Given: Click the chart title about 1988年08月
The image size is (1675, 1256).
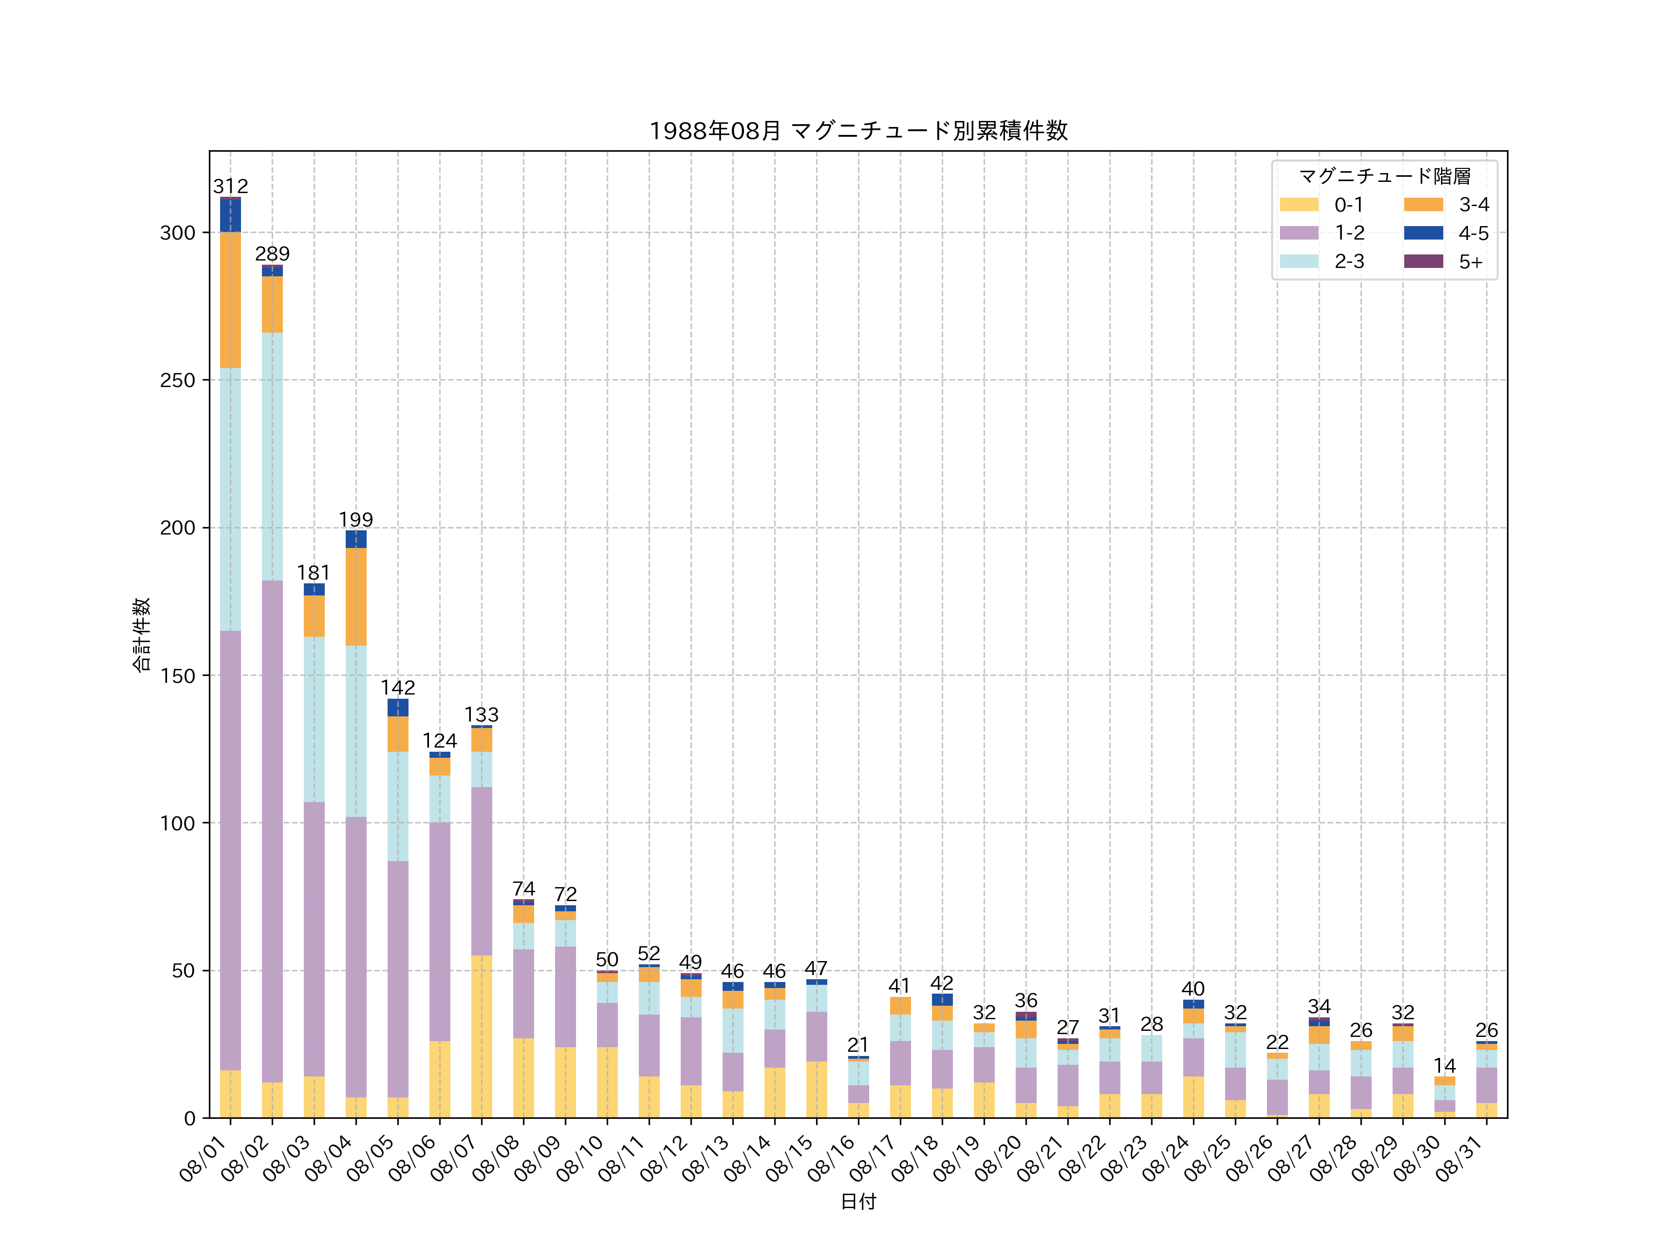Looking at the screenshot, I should (858, 131).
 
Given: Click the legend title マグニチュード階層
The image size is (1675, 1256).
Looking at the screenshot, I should (1384, 176).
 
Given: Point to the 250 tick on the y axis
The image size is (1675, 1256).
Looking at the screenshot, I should (178, 380).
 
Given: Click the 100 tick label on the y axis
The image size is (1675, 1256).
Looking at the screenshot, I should (178, 823).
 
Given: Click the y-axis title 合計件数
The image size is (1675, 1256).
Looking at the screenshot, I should (141, 635).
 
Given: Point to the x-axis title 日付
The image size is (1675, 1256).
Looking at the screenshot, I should (858, 1202).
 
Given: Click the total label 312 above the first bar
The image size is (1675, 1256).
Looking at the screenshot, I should (230, 186).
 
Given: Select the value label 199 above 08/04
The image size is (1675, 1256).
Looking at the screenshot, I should (356, 519).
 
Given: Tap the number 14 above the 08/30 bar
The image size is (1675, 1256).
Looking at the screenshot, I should (1444, 1066).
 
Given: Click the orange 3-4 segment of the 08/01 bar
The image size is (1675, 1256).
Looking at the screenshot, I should (230, 300).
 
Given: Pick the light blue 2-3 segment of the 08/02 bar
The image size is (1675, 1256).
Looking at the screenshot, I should (273, 456).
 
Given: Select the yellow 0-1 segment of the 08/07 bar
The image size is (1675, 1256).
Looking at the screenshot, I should (482, 1036).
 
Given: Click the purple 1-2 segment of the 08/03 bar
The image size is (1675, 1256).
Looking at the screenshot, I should (314, 939).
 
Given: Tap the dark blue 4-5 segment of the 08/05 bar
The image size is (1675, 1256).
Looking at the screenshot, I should (397, 707).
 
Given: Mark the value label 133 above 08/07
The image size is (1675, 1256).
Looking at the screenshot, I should (482, 715).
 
